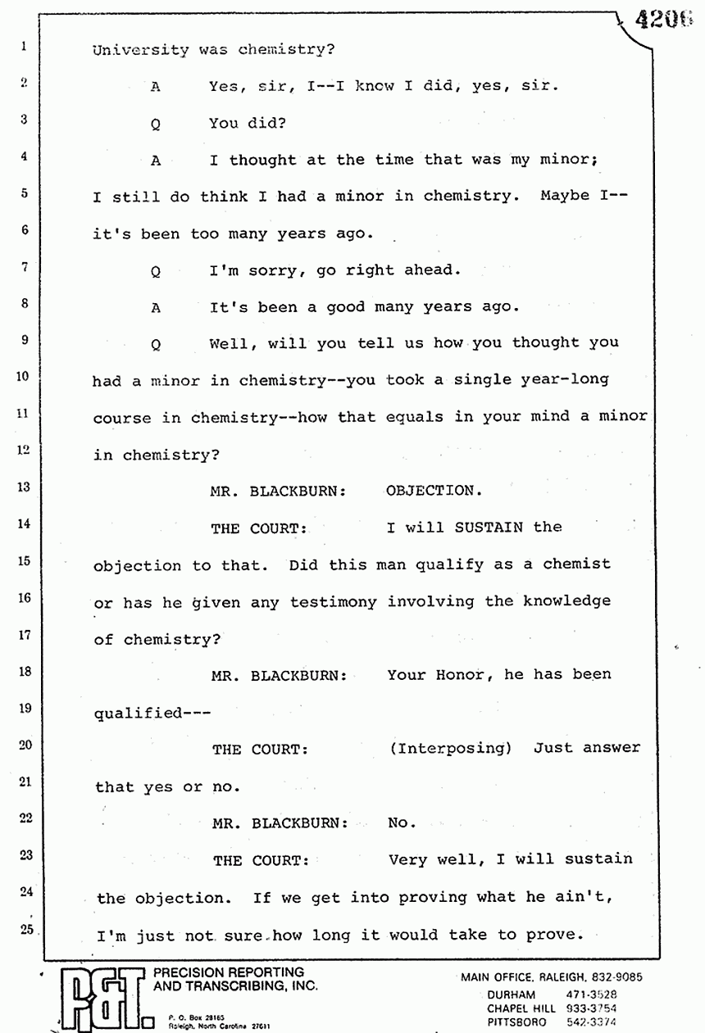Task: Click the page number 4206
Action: coord(663,20)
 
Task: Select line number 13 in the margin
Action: coord(24,487)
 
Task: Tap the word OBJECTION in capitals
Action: coord(434,490)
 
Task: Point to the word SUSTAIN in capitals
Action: coord(489,527)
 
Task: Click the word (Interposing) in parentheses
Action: coord(451,748)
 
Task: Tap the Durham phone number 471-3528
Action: coord(591,994)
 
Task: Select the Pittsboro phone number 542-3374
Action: coord(591,1022)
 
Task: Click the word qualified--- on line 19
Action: coord(152,713)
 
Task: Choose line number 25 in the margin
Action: coord(27,929)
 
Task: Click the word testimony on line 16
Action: coord(333,602)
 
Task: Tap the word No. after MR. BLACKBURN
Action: coord(402,822)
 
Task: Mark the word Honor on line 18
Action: coord(465,675)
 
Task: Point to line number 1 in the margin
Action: coord(24,46)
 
